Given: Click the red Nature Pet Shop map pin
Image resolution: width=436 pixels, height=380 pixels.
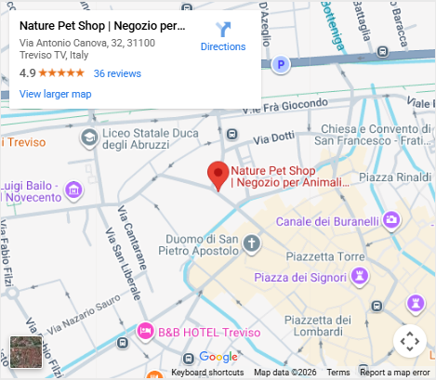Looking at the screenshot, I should (x=218, y=175).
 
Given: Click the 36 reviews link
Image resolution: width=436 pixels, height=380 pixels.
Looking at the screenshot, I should (x=117, y=73).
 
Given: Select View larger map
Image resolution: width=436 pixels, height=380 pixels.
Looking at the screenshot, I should (x=55, y=94).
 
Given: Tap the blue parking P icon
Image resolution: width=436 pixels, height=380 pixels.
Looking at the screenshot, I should (x=282, y=64).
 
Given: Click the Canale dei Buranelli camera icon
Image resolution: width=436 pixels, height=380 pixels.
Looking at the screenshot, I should (x=392, y=220).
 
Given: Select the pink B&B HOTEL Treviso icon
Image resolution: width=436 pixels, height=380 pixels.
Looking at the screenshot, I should (x=145, y=331).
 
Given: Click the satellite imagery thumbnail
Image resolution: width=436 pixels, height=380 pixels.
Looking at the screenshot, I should (x=25, y=353).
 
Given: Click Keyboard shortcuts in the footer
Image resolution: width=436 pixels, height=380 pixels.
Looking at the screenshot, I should (x=207, y=373).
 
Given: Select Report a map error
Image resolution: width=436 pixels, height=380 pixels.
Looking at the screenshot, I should (x=395, y=373).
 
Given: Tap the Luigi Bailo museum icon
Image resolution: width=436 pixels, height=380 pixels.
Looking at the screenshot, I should (x=73, y=190).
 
